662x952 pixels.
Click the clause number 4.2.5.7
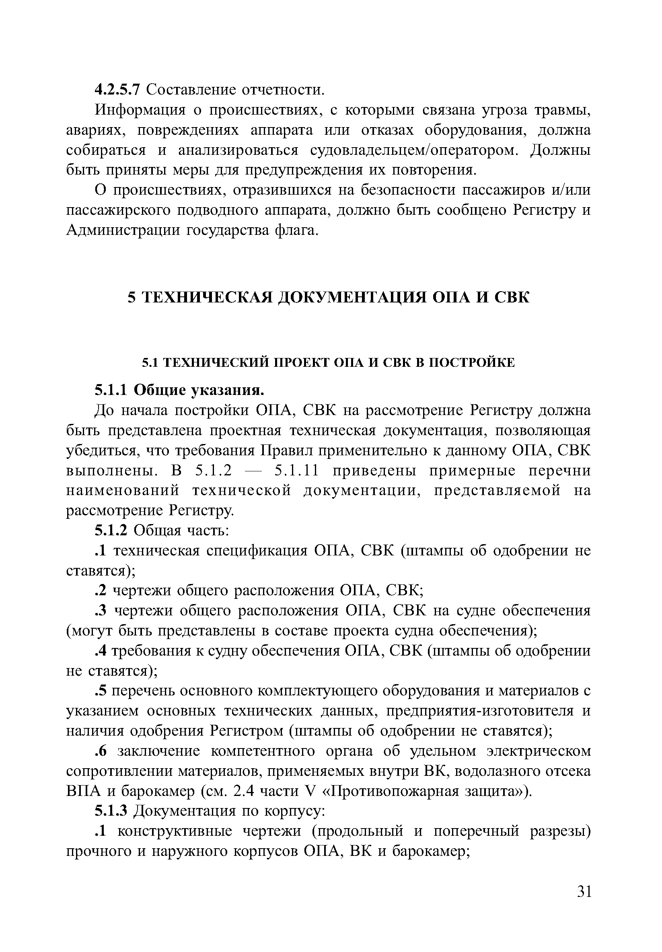point(118,90)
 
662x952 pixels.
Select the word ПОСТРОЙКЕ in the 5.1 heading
point(471,363)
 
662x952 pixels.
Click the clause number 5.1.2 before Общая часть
point(111,530)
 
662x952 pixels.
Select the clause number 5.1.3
point(111,811)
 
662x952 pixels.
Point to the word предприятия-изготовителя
point(480,711)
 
